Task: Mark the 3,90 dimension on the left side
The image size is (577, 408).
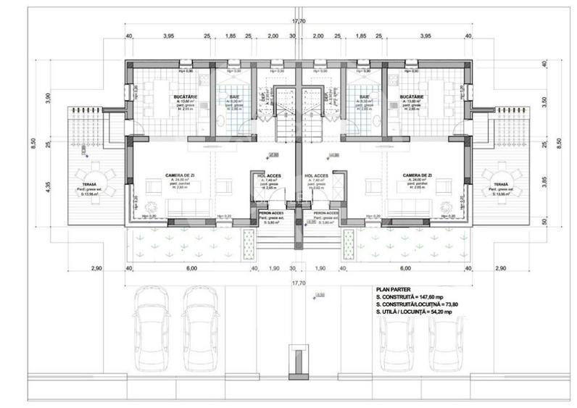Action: (48, 99)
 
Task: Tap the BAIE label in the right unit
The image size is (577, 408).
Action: (363, 97)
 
